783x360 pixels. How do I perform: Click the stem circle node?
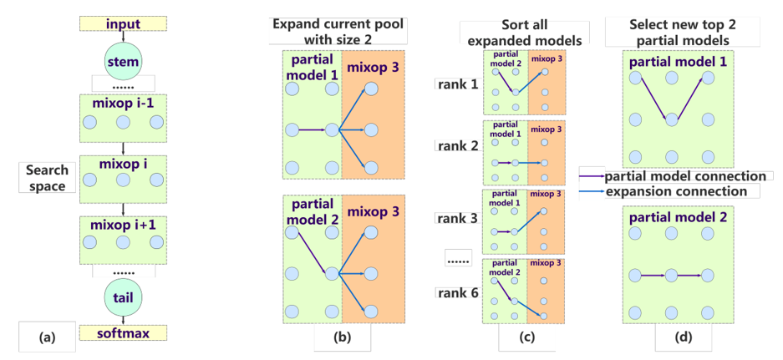[x=123, y=61]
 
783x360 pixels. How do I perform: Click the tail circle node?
[x=124, y=298]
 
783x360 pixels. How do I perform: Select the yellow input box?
[x=123, y=23]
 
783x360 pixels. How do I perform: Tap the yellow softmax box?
[x=123, y=332]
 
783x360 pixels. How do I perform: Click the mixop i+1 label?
[x=123, y=226]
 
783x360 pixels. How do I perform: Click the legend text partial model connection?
[x=685, y=176]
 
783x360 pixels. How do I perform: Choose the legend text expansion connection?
[x=676, y=191]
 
